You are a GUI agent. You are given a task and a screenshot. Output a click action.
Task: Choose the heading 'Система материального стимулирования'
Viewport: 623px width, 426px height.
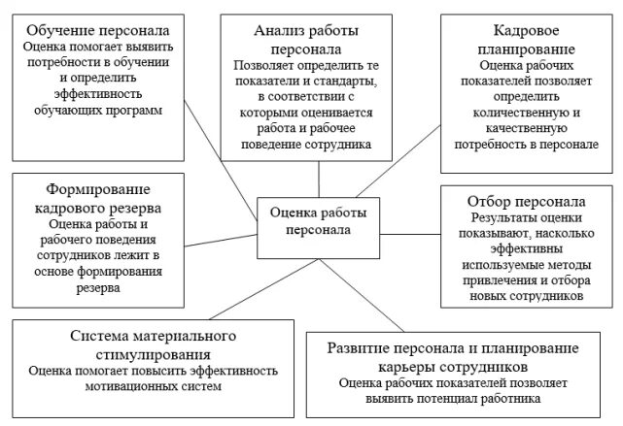tap(155, 344)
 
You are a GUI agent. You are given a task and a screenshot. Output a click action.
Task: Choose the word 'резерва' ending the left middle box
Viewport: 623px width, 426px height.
tap(90, 288)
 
